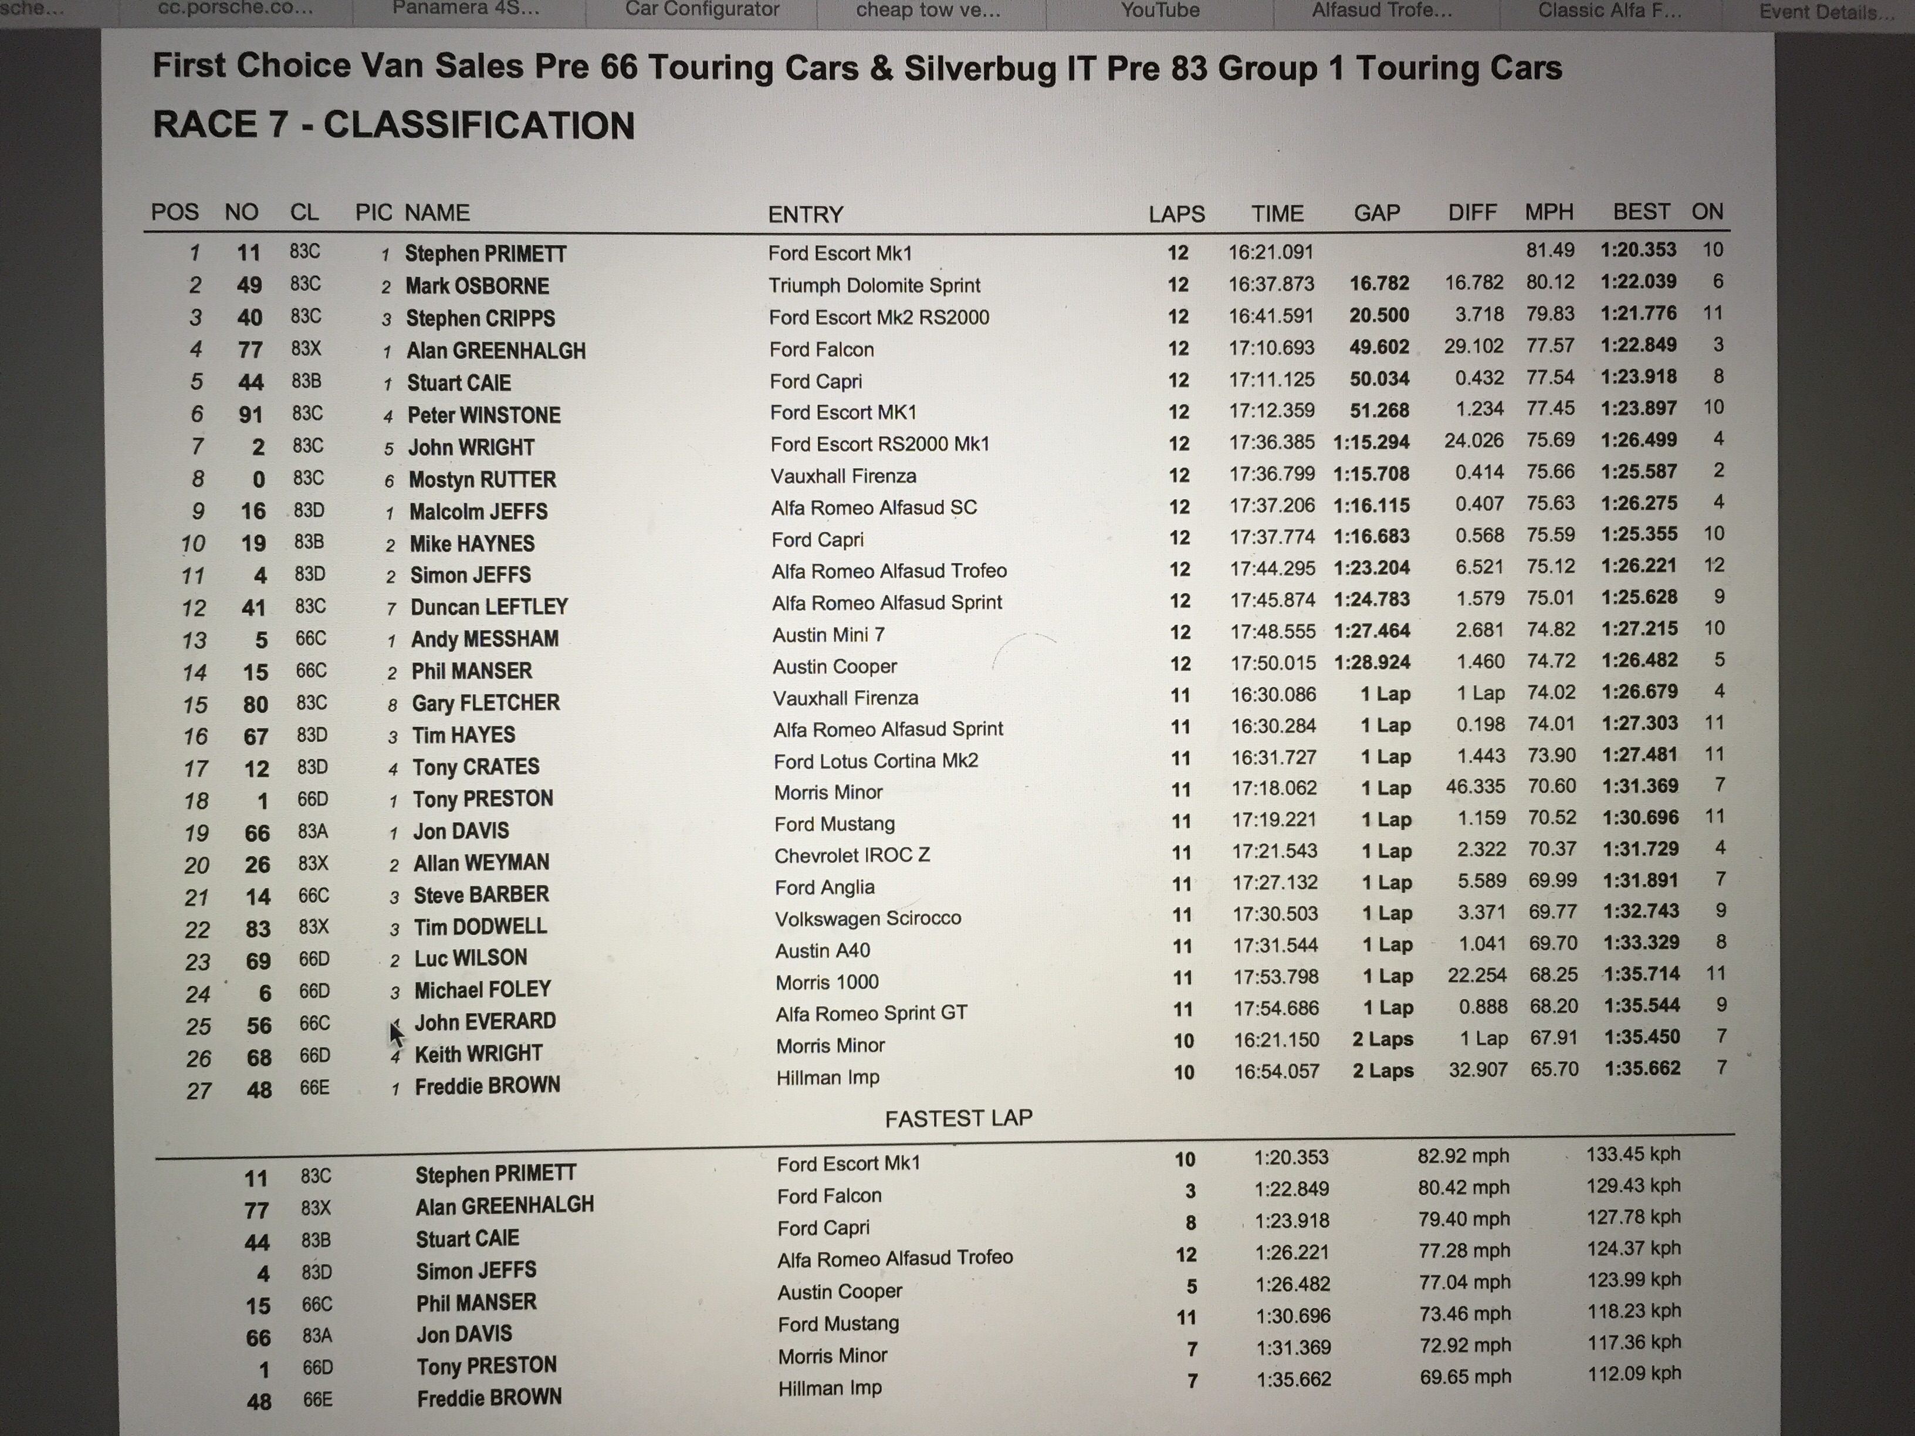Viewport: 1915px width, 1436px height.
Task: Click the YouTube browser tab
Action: [1160, 11]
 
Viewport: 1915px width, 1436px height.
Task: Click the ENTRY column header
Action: [805, 214]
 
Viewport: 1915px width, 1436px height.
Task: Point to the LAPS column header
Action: [1176, 214]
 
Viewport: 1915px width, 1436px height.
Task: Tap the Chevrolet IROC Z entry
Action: [852, 855]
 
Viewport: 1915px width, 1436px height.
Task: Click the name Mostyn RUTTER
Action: [482, 479]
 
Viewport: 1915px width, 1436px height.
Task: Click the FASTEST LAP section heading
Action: [958, 1118]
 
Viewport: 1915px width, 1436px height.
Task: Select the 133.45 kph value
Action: [1633, 1154]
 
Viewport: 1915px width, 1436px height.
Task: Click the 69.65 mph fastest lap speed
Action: [1465, 1376]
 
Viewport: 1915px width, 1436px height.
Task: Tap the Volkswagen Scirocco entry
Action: [868, 917]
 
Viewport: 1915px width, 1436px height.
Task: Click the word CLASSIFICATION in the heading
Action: [479, 126]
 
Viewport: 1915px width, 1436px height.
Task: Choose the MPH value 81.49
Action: [1549, 250]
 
